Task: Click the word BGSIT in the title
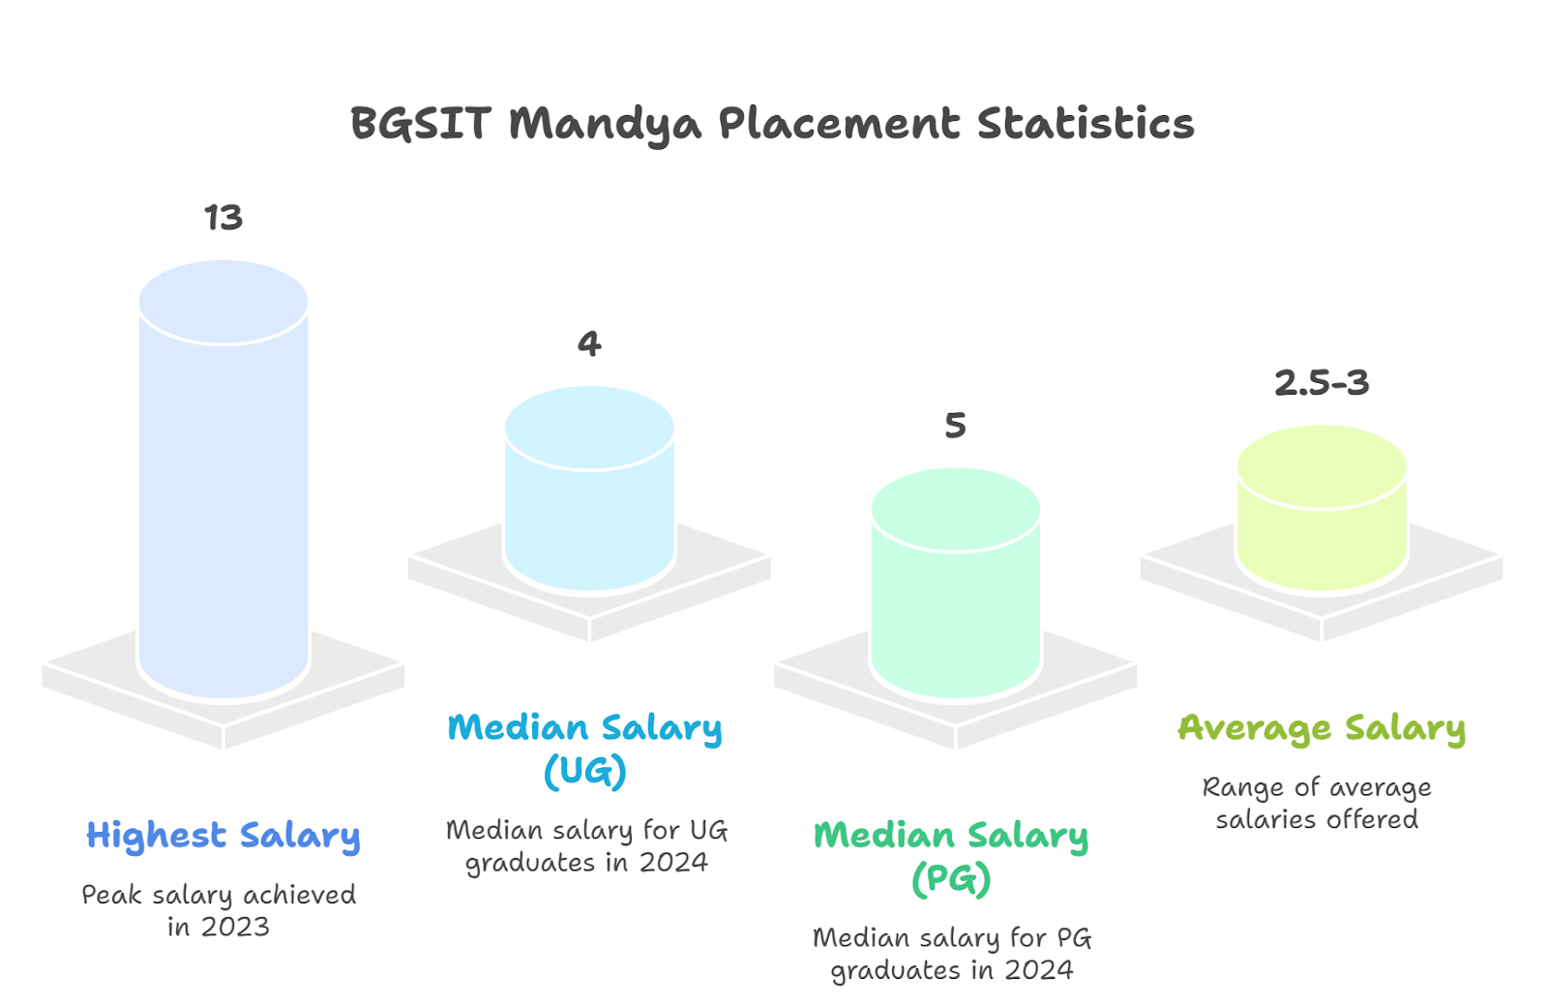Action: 421,124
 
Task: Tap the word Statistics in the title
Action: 1085,124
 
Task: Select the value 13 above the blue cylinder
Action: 223,218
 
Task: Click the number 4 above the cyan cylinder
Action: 589,343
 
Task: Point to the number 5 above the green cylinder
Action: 955,425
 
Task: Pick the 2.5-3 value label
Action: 1322,383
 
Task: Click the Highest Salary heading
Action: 223,835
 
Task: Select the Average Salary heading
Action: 1322,727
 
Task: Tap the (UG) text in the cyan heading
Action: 584,772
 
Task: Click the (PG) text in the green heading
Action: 951,878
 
